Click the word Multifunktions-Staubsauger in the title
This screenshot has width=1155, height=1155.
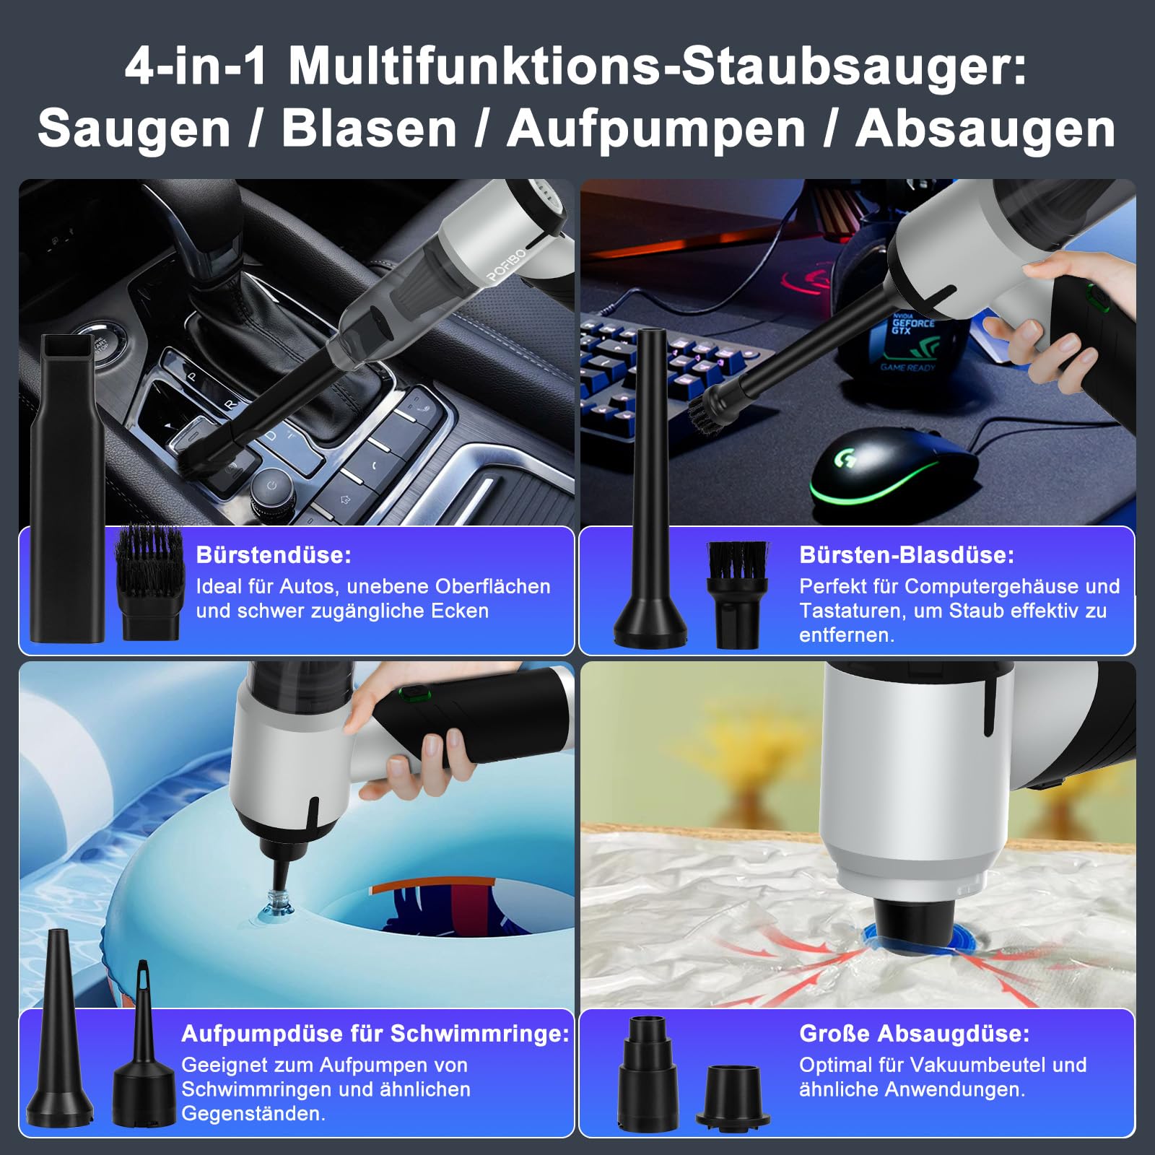(658, 66)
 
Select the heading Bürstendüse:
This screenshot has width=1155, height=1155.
(274, 554)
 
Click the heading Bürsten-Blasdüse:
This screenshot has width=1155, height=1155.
(907, 554)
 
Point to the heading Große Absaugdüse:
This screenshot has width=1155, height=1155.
(915, 1033)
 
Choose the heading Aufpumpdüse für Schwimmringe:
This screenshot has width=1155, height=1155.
(375, 1033)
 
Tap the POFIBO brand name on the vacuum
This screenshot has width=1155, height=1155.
(507, 265)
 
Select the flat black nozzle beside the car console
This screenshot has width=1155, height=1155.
(67, 488)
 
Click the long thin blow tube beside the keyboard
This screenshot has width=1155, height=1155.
(650, 488)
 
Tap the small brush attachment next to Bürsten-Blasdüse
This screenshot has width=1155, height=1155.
(737, 595)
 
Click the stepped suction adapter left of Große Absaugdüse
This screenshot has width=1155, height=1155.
(648, 1072)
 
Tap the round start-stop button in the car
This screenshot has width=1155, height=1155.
(99, 339)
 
